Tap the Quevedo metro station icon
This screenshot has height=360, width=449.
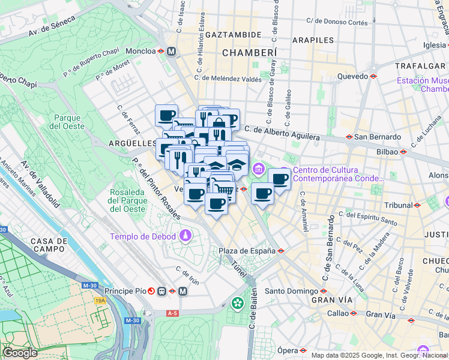tap(373, 76)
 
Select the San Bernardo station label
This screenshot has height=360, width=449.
tap(375, 137)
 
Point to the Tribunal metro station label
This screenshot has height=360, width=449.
tap(399, 205)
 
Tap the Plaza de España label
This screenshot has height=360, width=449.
tap(246, 251)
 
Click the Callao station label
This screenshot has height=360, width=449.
tap(338, 313)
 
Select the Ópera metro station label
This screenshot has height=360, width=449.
tap(288, 350)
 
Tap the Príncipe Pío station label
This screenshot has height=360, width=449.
tap(124, 291)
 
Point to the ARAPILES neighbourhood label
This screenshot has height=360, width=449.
tap(313, 40)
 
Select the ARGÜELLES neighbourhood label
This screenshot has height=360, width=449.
tap(132, 143)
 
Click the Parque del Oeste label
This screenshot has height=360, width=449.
tap(66, 122)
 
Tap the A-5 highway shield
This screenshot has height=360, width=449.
tap(173, 313)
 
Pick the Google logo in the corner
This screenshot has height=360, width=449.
tap(20, 353)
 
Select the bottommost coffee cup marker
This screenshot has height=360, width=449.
tap(216, 203)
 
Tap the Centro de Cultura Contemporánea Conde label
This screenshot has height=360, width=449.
tap(338, 174)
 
